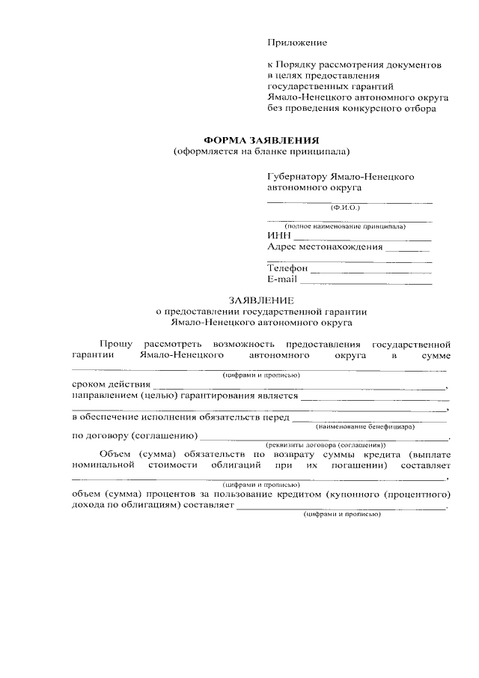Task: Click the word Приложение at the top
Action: [x=297, y=43]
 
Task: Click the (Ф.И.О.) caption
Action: [x=345, y=207]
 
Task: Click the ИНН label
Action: [x=278, y=235]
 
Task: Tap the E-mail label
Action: [x=281, y=279]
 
